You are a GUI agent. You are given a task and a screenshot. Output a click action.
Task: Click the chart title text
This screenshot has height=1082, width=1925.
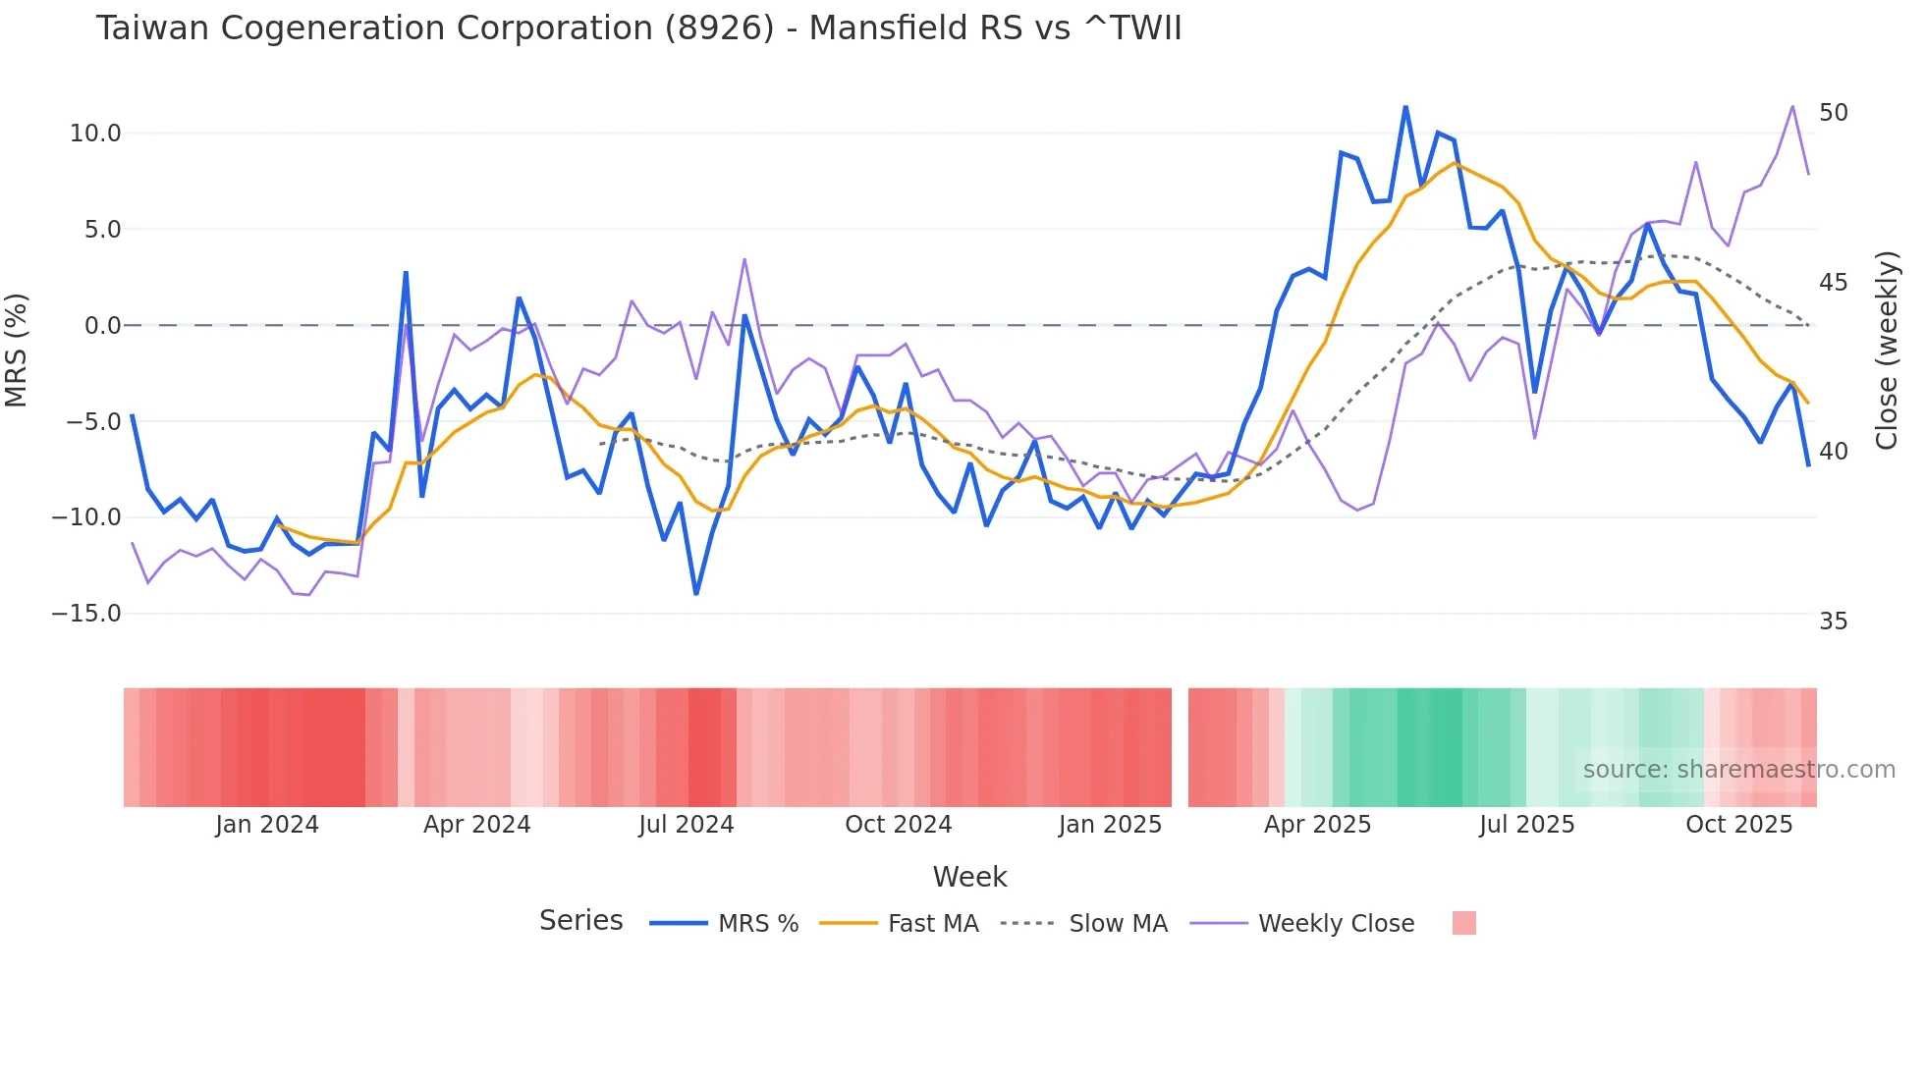[638, 27]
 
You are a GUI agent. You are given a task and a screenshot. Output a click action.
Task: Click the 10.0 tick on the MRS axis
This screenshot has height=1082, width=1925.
[94, 134]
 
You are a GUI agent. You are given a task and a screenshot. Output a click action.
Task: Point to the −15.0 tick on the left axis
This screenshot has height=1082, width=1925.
[86, 614]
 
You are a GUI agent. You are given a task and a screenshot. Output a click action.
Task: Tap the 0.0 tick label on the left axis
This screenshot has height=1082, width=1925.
[102, 326]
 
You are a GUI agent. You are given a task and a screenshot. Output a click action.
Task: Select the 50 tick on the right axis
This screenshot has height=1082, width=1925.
[1833, 113]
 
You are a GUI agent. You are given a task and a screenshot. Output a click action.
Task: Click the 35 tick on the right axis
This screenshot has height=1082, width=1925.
[1833, 622]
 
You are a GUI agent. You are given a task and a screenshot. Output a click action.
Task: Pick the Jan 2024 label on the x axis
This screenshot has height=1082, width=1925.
[267, 825]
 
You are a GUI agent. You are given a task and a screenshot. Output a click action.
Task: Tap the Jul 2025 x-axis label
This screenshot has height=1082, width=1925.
[1526, 825]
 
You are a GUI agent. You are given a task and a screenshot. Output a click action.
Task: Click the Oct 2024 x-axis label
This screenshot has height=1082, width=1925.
[898, 825]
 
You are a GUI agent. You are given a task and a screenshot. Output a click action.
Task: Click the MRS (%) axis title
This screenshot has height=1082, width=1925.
[17, 350]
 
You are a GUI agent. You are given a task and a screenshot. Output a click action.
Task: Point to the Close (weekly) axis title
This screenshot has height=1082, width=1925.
[1886, 350]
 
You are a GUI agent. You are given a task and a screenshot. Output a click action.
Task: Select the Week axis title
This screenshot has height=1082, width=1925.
[969, 877]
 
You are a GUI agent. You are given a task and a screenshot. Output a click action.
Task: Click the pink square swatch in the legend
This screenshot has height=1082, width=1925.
[1463, 923]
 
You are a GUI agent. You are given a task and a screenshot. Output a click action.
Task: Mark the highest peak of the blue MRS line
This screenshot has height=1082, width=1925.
[1405, 107]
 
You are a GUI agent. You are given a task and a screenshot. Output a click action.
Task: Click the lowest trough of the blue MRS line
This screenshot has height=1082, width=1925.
[696, 594]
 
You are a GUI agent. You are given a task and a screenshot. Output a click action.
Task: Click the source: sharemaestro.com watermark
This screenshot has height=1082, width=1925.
[1738, 770]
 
